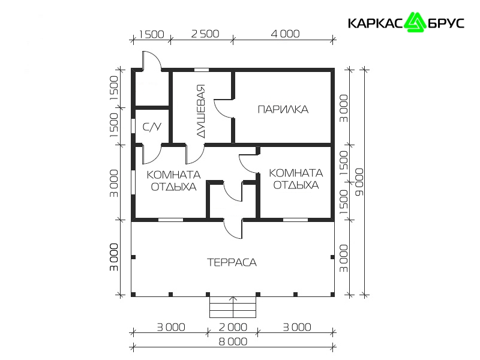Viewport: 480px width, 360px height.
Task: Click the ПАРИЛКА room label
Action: point(283,109)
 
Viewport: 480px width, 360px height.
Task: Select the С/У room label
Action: point(152,127)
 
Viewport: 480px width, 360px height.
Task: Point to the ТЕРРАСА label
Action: point(232,262)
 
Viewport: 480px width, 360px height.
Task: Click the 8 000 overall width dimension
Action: point(233,341)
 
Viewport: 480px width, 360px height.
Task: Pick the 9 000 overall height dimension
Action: point(359,182)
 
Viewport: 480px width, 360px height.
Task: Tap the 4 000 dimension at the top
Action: point(286,34)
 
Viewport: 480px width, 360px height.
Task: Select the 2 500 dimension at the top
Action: point(205,34)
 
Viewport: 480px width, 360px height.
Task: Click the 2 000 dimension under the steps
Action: point(233,327)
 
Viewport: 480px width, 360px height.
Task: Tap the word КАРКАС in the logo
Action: point(376,23)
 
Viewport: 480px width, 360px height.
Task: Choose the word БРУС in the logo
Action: point(445,23)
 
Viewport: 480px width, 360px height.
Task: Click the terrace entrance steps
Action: point(233,307)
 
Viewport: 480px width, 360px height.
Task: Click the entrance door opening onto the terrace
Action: point(233,229)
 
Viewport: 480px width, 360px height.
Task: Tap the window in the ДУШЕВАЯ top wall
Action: point(202,70)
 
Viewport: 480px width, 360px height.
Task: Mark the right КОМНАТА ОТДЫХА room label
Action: point(296,179)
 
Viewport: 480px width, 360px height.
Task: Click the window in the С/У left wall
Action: point(133,125)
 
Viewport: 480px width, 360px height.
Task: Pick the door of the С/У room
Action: point(152,154)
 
